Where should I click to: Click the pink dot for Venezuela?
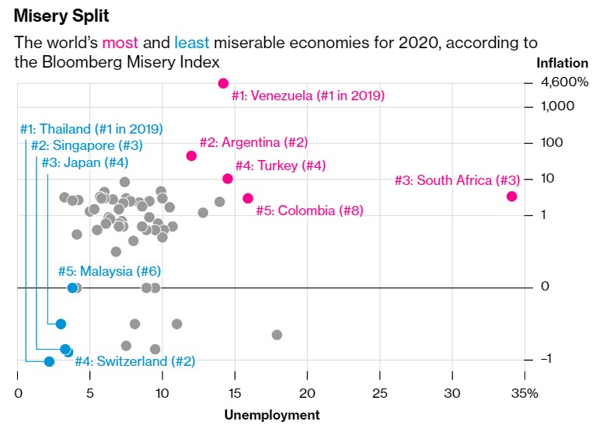point(223,83)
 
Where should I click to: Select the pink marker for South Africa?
point(511,197)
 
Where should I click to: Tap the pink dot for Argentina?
point(191,155)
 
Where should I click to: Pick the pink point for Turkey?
point(228,179)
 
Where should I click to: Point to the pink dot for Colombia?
point(248,198)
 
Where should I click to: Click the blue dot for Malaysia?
point(72,287)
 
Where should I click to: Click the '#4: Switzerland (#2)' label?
point(134,361)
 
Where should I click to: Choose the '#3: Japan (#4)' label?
point(85,162)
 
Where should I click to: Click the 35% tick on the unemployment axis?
point(525,393)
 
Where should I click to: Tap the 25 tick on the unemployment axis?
point(380,393)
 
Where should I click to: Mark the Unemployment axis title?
point(271,415)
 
